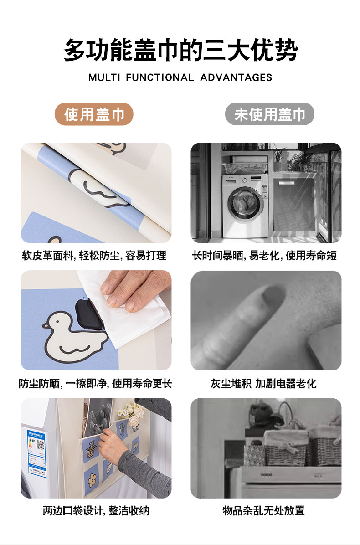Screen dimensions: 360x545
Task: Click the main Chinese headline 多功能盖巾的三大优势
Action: coord(181,50)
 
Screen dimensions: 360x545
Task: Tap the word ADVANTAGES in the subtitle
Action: coord(237,77)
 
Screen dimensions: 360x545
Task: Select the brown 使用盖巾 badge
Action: coord(94,114)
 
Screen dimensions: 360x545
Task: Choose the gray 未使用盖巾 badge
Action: coord(270,114)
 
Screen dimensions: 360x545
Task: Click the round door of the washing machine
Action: coord(245,204)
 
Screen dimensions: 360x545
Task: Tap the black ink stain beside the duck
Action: coord(89,315)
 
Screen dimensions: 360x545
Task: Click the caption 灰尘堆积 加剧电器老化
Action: coord(263,383)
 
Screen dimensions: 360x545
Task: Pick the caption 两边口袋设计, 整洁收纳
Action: coord(96,510)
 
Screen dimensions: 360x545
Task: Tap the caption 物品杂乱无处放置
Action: coord(263,510)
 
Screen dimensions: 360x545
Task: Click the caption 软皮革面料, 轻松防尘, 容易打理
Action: coord(94,256)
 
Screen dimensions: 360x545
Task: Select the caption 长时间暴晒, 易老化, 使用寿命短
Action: coord(264,256)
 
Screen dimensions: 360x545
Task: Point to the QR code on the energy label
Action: coord(40,445)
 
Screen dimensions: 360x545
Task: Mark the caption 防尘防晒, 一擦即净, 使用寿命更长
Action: coord(95,383)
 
